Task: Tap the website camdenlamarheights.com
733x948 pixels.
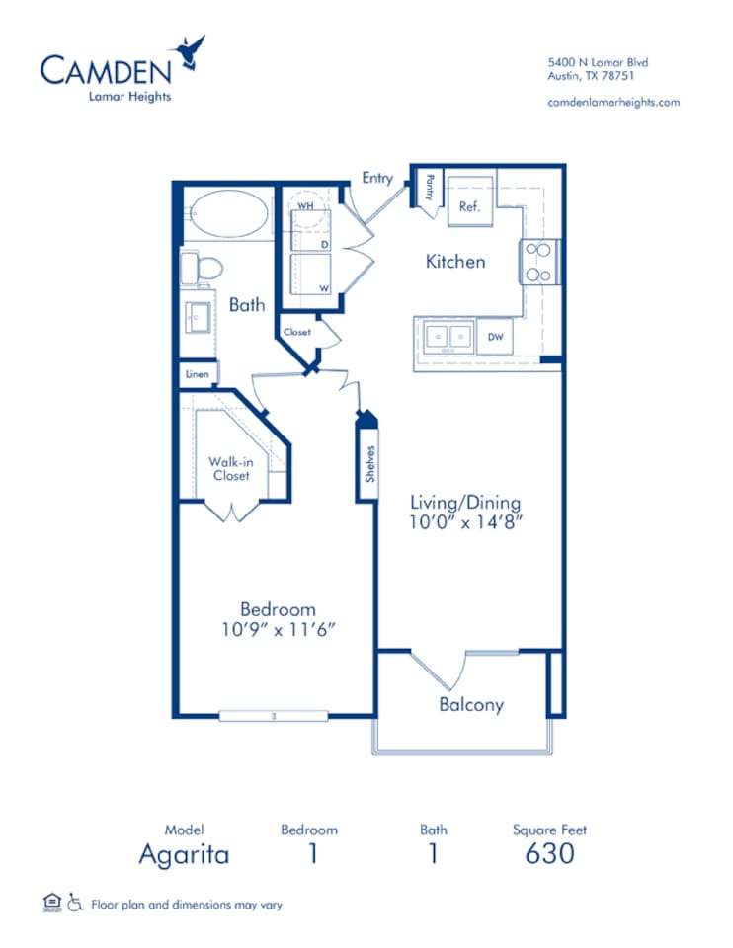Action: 612,102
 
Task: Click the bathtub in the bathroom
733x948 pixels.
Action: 227,213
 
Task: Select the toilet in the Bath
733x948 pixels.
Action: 204,268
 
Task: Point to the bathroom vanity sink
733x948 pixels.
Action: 198,316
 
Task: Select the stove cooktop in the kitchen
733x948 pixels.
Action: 540,262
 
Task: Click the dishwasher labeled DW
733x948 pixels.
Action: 494,338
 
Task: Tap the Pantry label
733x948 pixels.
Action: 431,188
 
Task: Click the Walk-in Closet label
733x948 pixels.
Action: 229,468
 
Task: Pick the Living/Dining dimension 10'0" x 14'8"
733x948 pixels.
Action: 466,523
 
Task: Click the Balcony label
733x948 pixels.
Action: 471,705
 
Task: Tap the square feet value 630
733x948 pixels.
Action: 549,853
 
